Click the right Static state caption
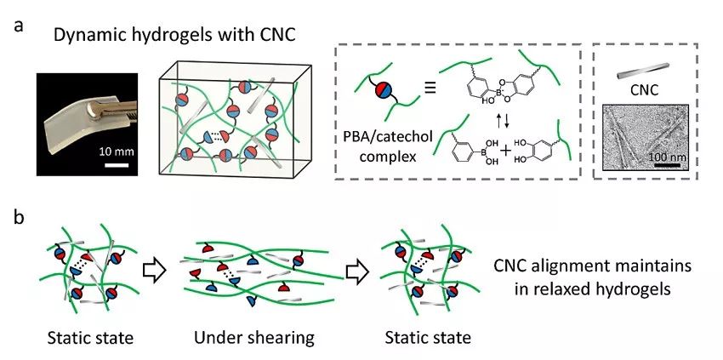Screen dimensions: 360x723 click(x=427, y=338)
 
